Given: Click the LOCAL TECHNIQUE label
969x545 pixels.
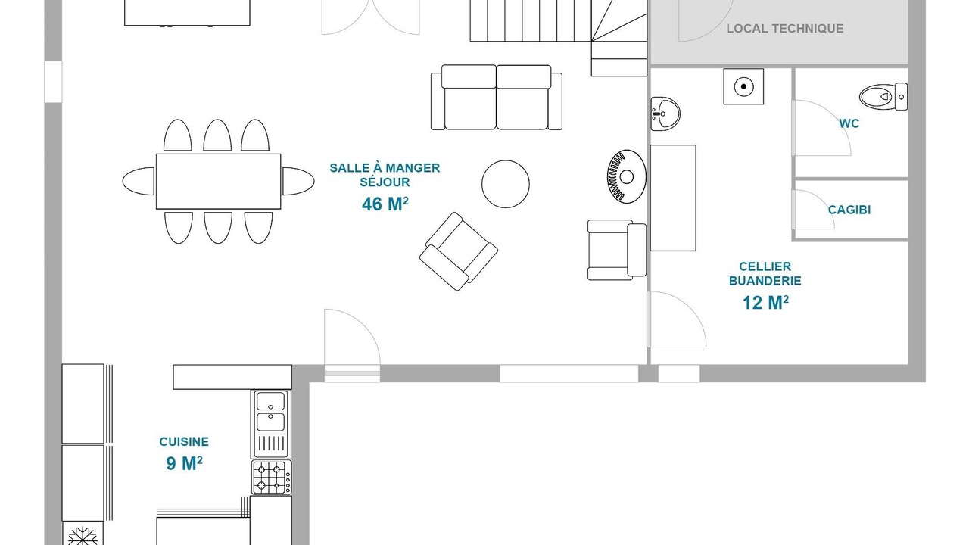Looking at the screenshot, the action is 785,29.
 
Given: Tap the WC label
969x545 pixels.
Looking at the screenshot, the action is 849,123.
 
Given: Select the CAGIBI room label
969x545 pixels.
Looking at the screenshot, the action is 849,210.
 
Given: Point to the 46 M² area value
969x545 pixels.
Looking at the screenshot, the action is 385,204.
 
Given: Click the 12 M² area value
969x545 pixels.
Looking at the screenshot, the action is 765,303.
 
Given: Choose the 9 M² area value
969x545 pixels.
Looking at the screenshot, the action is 184,463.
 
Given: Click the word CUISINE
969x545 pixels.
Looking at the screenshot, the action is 184,441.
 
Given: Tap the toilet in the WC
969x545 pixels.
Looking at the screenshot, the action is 883,96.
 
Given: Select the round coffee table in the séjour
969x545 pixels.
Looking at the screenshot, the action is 505,184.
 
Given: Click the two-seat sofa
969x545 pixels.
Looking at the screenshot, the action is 496,98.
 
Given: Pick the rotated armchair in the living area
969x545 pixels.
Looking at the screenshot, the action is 459,251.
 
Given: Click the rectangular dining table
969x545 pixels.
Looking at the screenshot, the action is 219,181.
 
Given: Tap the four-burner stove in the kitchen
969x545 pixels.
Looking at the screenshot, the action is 272,478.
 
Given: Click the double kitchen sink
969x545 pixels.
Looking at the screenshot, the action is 271,424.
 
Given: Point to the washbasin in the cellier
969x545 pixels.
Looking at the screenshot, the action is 665,114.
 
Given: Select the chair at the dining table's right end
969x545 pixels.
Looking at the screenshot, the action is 298,181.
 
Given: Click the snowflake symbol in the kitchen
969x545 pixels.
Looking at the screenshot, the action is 83,535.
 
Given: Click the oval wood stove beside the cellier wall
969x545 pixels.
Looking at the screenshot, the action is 626,176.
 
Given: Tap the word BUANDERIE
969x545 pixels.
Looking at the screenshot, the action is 765,281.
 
